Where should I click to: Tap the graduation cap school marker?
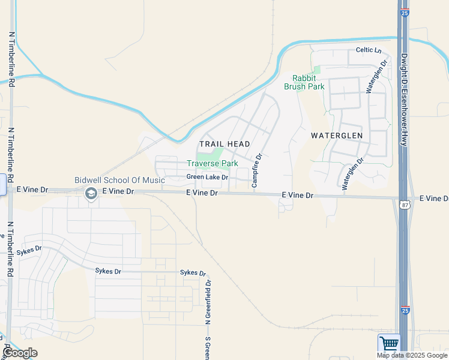coord(91,193)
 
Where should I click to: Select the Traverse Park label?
coord(212,163)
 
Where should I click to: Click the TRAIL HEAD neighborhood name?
coord(224,145)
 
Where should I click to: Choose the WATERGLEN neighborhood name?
coord(336,136)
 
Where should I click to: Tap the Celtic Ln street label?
coord(369,50)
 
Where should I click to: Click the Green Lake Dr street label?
coord(207,177)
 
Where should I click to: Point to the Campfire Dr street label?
coord(256,170)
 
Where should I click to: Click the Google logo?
coord(20,353)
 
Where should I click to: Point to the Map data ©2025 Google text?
coord(412,355)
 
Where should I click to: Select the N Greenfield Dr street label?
coord(208,302)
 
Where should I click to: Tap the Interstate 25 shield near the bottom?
coord(405,310)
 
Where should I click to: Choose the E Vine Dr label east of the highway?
coord(433,198)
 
